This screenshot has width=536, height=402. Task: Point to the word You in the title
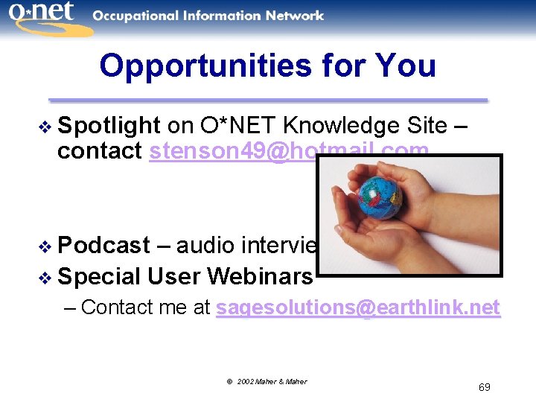tap(406, 66)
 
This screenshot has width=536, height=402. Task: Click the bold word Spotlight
tap(109, 126)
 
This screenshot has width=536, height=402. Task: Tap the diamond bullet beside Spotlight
tap(47, 127)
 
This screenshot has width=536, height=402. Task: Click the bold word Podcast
tap(103, 245)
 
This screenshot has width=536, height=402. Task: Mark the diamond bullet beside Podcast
tap(47, 246)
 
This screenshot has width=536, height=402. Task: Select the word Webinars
tap(260, 276)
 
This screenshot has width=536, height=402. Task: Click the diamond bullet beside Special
tap(47, 278)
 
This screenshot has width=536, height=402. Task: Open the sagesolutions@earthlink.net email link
tap(357, 307)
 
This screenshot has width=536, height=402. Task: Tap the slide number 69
tap(484, 387)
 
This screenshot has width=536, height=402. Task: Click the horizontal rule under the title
tap(268, 99)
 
